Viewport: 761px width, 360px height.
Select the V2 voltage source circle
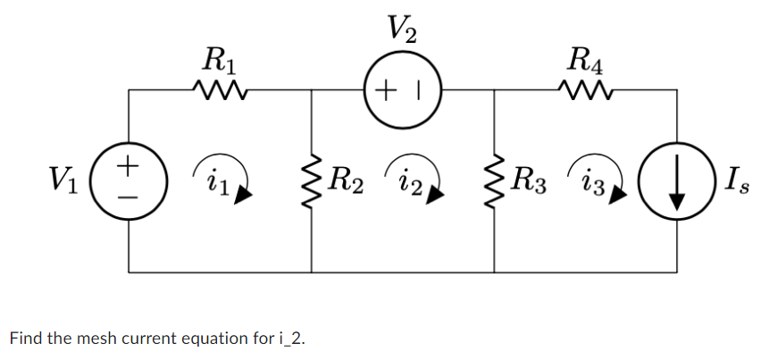(x=403, y=89)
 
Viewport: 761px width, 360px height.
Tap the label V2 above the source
(x=403, y=30)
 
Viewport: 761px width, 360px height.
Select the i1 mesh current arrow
(x=229, y=179)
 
